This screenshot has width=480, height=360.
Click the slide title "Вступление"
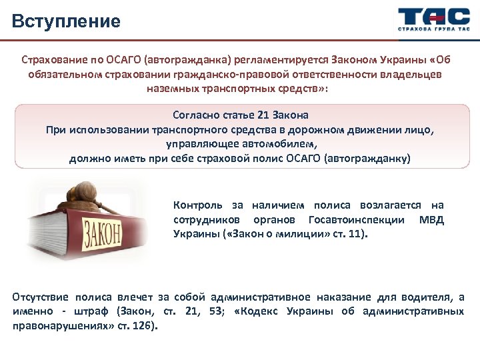[66, 21]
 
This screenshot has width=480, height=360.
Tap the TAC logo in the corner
[430, 18]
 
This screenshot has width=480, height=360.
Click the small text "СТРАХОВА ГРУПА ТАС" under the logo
[430, 31]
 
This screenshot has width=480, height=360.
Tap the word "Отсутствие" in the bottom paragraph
[41, 297]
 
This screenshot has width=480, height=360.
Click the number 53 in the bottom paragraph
[215, 311]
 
